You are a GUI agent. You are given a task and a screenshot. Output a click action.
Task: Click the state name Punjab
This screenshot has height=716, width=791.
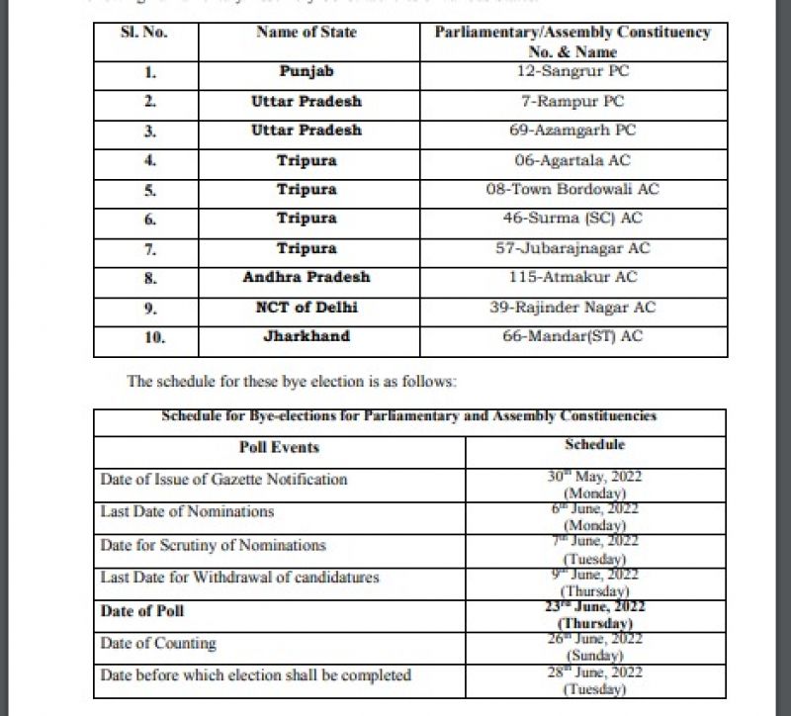point(307,72)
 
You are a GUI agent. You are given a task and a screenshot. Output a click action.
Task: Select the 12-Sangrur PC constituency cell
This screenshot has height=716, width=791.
point(572,71)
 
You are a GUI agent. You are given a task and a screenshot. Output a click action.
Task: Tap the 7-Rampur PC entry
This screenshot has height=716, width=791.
point(572,101)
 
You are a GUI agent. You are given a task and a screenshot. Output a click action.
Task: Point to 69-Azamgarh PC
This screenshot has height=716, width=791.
point(572,131)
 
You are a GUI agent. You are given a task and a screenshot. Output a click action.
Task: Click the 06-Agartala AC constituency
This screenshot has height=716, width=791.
point(572,160)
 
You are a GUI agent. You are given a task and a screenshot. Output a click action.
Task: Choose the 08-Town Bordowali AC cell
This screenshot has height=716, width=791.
point(572,189)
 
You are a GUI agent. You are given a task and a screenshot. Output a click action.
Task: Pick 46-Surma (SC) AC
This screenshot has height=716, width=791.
point(572,219)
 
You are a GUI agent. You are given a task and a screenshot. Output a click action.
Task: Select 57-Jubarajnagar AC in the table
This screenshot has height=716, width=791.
point(572,248)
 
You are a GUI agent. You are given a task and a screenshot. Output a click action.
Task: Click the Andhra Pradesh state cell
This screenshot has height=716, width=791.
point(307,278)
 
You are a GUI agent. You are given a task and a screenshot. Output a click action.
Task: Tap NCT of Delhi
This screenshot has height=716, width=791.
point(307,308)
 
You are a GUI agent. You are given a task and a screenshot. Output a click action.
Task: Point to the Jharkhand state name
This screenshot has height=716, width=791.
point(307,336)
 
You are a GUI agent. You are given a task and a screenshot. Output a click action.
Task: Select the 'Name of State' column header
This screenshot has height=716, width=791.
point(308,32)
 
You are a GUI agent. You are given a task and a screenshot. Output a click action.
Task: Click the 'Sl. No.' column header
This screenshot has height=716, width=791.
point(144,32)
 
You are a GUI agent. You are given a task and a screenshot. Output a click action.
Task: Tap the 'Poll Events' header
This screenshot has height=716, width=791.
point(280,447)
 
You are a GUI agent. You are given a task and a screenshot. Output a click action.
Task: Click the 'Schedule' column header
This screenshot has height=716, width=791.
point(594,445)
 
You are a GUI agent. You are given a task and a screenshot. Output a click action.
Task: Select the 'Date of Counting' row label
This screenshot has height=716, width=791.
point(158,644)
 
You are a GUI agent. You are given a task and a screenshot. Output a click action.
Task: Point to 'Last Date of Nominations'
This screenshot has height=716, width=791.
point(187,512)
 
